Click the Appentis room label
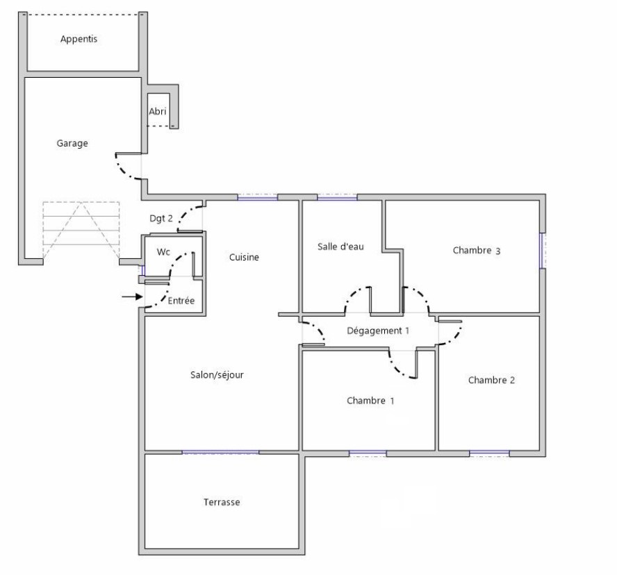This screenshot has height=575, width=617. (x=79, y=39)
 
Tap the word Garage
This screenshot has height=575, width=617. (x=72, y=143)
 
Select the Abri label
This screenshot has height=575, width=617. (x=158, y=111)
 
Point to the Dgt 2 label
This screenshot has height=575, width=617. (x=161, y=218)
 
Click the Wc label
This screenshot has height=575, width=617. (x=163, y=251)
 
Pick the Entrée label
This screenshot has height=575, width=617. (x=181, y=301)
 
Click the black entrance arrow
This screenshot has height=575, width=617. (x=132, y=297)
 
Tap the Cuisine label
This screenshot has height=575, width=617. (x=244, y=257)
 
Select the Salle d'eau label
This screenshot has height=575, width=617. (x=340, y=247)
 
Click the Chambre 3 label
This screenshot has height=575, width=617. (x=477, y=251)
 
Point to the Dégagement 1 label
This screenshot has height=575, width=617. (x=378, y=331)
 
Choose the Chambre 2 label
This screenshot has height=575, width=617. (x=491, y=380)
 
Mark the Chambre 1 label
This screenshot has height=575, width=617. (x=370, y=401)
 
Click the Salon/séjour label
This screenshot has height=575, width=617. (x=217, y=375)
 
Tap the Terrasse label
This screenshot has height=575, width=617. (x=222, y=502)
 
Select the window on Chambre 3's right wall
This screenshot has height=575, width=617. (x=543, y=251)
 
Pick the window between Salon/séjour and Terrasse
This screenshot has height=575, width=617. (x=220, y=452)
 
